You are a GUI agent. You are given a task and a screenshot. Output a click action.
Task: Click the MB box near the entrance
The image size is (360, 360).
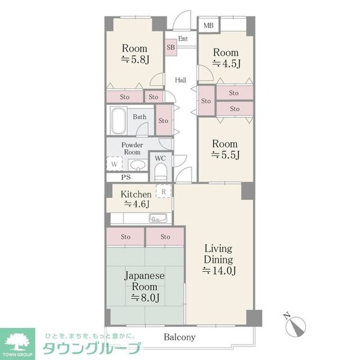[x=208, y=25]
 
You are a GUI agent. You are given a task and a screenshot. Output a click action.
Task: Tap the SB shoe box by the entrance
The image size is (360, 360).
[x=171, y=47]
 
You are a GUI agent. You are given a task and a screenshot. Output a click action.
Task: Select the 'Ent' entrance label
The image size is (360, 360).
[x=183, y=40]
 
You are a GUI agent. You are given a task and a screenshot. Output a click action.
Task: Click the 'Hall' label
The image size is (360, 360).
[x=181, y=80]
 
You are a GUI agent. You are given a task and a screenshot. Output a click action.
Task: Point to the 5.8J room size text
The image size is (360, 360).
[x=135, y=59]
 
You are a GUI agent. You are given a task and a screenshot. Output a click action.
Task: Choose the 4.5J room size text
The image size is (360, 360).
[x=227, y=63]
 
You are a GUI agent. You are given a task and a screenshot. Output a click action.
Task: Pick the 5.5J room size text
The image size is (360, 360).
[x=225, y=155]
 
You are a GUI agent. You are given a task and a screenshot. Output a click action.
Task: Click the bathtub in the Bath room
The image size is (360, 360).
[x=118, y=122]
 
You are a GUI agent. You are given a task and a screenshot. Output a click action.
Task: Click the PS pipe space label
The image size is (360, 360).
[x=126, y=178]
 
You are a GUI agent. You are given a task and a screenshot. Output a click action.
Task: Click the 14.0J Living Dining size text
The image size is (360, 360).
[x=218, y=271]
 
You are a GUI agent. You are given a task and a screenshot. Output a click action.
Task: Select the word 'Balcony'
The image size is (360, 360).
[x=180, y=337]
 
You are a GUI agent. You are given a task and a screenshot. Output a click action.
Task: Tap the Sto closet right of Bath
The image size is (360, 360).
[x=163, y=121]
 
